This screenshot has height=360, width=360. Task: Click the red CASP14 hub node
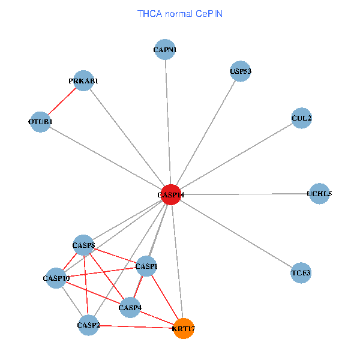(x=171, y=194)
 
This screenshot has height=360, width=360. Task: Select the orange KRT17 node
(x=184, y=328)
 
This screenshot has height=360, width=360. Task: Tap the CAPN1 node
(x=165, y=49)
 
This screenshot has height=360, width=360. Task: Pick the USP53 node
(x=240, y=71)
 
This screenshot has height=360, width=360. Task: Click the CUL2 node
(x=301, y=118)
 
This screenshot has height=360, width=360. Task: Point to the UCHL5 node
(x=319, y=193)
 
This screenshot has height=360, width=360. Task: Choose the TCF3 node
(x=301, y=273)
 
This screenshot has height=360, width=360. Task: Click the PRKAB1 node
(x=83, y=80)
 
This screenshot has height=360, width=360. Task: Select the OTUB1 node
(x=40, y=122)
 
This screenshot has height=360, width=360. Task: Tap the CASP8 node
(x=84, y=245)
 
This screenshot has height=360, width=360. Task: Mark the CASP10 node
(x=56, y=278)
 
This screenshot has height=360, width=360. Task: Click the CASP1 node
(x=146, y=266)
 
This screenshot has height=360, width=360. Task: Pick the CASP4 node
(x=130, y=308)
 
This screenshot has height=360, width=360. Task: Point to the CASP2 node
(x=88, y=325)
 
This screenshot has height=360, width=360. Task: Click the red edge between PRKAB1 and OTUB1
(x=62, y=101)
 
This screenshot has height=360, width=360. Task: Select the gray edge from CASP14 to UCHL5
(x=246, y=194)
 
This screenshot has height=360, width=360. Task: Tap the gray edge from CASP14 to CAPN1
(x=168, y=120)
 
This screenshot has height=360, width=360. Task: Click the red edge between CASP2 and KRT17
(x=136, y=327)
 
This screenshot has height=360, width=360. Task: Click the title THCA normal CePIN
(x=180, y=13)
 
